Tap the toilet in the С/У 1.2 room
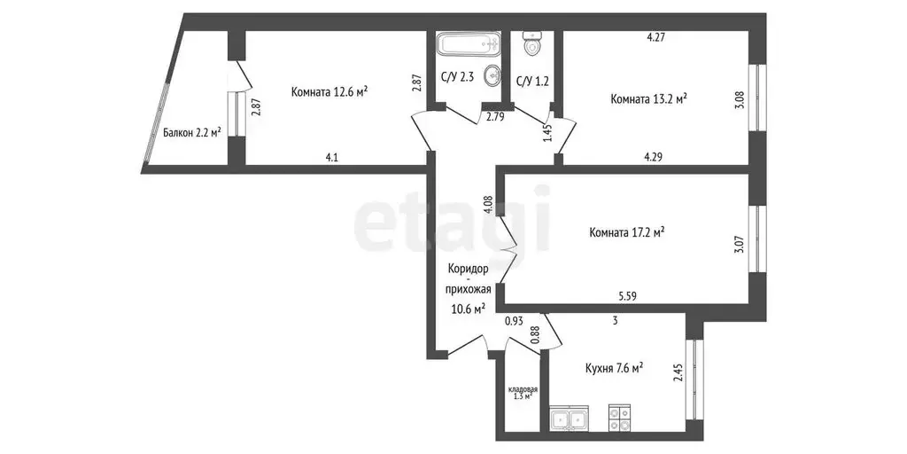coord(533,44)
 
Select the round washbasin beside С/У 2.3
coord(492,76)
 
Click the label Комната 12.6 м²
coord(329,91)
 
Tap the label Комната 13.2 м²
coord(649,98)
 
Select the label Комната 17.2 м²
coord(627,232)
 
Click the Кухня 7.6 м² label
coord(614,368)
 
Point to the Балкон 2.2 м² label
coord(191,134)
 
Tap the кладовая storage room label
coord(523,393)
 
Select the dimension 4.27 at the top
coord(655,37)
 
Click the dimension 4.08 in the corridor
coord(488,206)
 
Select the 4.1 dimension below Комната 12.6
coord(332,158)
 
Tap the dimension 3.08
coord(739,98)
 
